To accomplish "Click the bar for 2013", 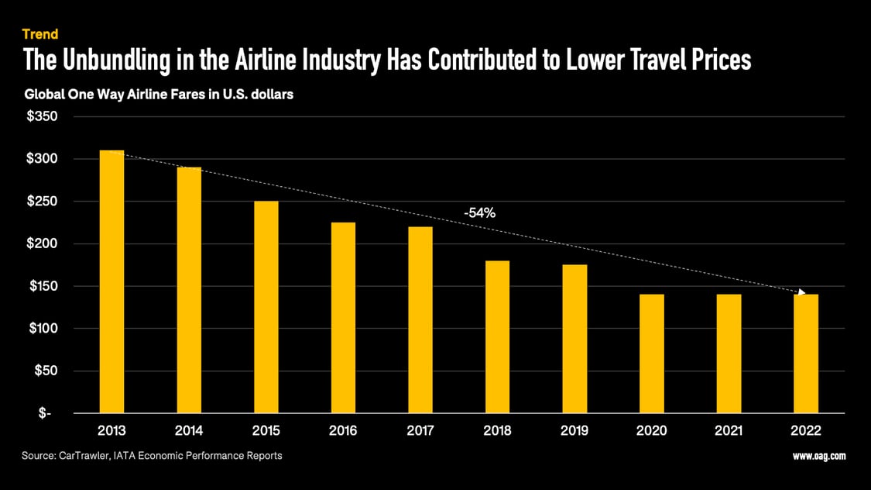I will click(x=111, y=281).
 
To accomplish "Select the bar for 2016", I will click(x=343, y=318).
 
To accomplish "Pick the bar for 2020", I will click(x=651, y=354).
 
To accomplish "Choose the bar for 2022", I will click(x=805, y=354).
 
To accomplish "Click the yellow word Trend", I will click(x=40, y=34).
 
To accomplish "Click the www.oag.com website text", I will click(x=819, y=456).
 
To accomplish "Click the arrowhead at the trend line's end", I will click(x=802, y=293).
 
